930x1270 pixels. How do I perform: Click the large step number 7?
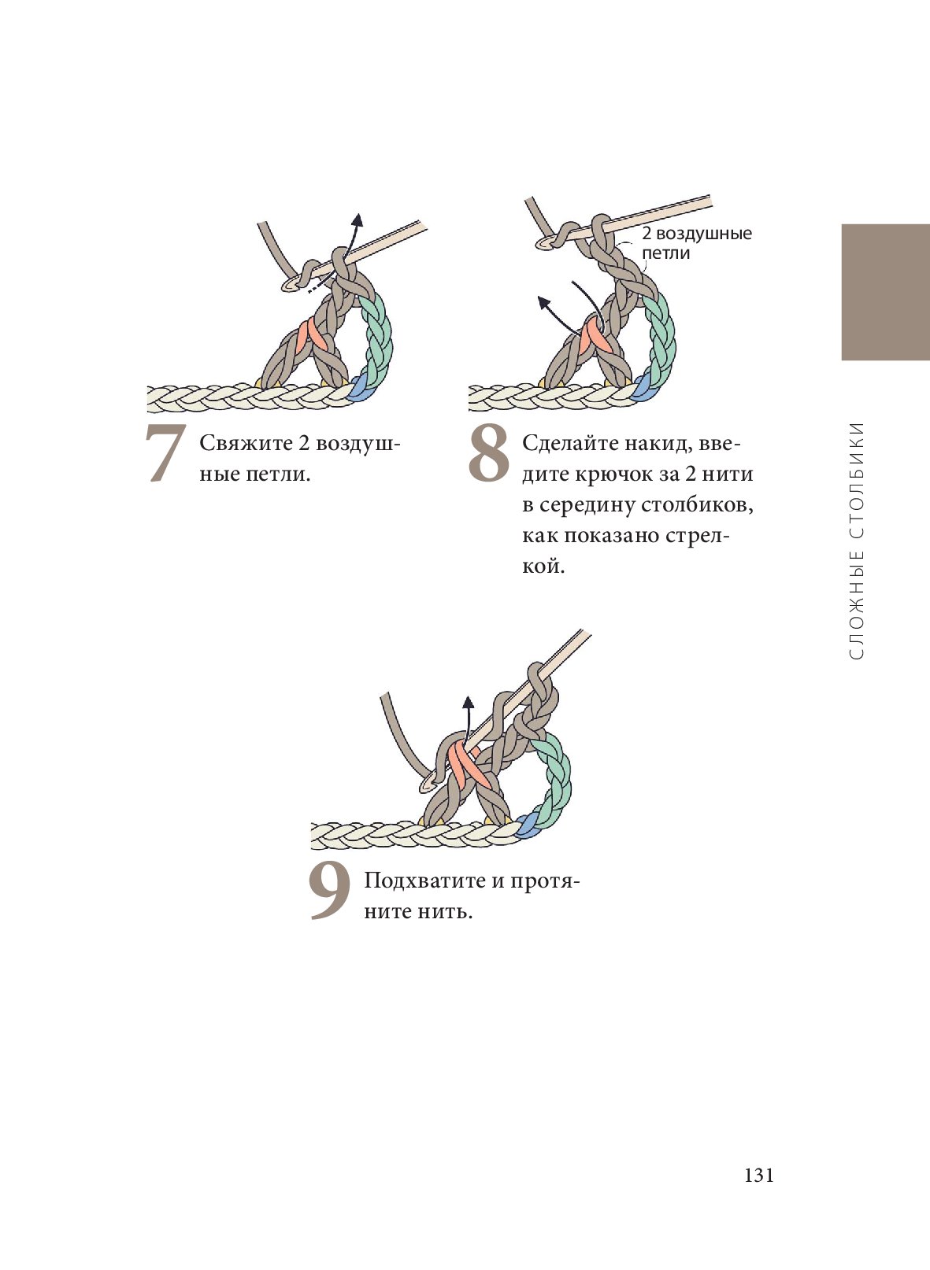(x=165, y=453)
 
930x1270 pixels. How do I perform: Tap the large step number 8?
(x=488, y=453)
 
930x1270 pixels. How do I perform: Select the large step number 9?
(x=330, y=891)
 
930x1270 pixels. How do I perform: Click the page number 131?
(x=758, y=1176)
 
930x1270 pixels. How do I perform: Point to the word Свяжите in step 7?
(x=246, y=443)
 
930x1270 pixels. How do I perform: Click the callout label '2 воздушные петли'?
(x=697, y=242)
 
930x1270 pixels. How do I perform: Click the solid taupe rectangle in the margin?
(x=885, y=292)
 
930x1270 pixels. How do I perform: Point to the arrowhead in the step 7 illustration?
(x=358, y=220)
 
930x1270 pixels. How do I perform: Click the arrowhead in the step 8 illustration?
(x=543, y=302)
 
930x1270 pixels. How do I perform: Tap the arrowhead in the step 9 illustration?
(x=468, y=703)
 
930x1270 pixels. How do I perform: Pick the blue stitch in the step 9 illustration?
(x=525, y=825)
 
